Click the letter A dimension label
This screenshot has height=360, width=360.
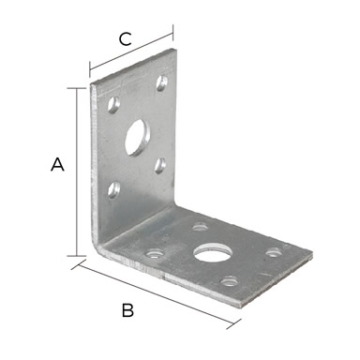pyautogui.click(x=57, y=164)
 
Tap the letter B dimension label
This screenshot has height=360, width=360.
pyautogui.click(x=127, y=310)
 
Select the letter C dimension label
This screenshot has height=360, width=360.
pyautogui.click(x=125, y=39)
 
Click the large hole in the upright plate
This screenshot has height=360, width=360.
pyautogui.click(x=137, y=138)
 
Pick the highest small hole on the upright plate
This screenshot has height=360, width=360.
pyautogui.click(x=162, y=82)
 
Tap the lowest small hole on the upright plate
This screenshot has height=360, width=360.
pyautogui.click(x=113, y=190)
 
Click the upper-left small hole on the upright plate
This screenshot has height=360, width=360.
pyautogui.click(x=113, y=105)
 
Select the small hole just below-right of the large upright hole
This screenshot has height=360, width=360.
pyautogui.click(x=160, y=165)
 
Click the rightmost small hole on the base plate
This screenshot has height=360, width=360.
pyautogui.click(x=274, y=252)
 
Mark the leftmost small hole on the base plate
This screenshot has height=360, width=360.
pyautogui.click(x=155, y=253)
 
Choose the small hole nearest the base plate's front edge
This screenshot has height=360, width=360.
pyautogui.click(x=230, y=281)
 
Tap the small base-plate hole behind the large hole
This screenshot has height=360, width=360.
pyautogui.click(x=200, y=227)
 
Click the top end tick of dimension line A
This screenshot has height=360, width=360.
pyautogui.click(x=77, y=89)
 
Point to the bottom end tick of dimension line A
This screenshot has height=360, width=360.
pyautogui.click(x=77, y=256)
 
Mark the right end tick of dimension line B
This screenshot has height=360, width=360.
pyautogui.click(x=233, y=324)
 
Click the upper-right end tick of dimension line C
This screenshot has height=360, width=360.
pyautogui.click(x=172, y=33)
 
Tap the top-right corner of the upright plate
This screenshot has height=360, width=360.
pyautogui.click(x=176, y=49)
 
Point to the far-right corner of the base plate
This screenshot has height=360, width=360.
pyautogui.click(x=312, y=252)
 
